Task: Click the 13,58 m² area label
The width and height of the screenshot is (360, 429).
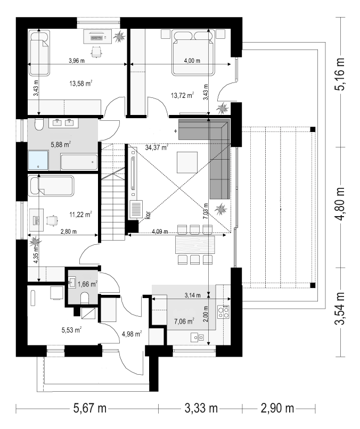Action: (81, 83)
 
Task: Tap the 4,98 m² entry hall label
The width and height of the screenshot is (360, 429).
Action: (132, 334)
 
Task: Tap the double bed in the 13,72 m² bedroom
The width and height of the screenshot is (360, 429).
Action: (192, 52)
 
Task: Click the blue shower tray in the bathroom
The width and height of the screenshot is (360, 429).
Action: (38, 160)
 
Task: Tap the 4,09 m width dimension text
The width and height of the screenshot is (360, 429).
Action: (160, 232)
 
